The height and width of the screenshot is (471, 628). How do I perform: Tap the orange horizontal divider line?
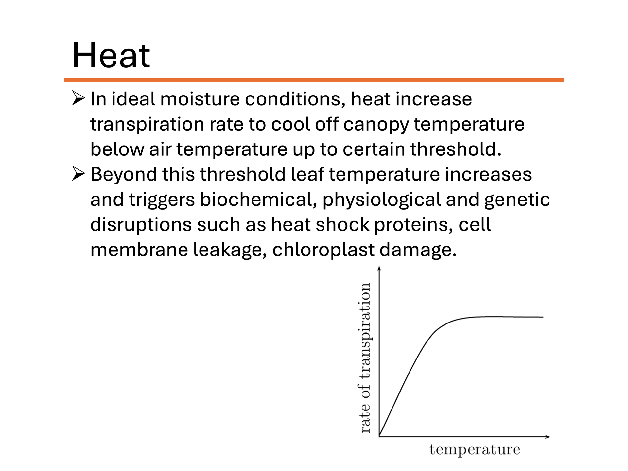coord(314,80)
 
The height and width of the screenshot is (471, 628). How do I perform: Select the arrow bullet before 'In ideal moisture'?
coord(78,99)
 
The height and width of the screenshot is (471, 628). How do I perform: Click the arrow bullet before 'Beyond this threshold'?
coord(78,174)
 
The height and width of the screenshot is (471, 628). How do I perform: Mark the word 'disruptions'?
coord(141,225)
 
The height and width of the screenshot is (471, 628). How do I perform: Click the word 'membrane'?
coord(139,250)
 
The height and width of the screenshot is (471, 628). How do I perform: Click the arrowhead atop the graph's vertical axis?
coord(379,269)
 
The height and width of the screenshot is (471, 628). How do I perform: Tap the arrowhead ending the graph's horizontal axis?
coord(547,436)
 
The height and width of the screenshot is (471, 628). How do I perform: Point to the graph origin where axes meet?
coord(379,436)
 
